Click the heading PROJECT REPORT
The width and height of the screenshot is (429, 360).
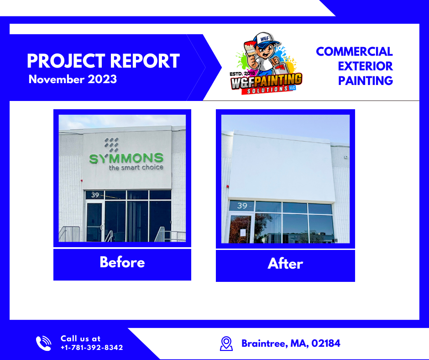[x=103, y=61]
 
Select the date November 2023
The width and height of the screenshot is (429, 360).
[x=73, y=79]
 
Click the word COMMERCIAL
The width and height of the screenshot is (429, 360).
[x=354, y=51]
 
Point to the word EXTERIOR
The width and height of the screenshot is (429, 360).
[x=365, y=66]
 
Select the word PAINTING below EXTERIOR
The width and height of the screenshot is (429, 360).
[x=365, y=81]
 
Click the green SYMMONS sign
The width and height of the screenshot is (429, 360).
[x=126, y=159]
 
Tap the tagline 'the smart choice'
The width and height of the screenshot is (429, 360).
[x=136, y=168]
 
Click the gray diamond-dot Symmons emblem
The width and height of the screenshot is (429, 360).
[x=111, y=145]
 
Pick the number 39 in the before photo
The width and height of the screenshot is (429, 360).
[x=95, y=195]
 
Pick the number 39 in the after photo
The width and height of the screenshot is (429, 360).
[x=242, y=206]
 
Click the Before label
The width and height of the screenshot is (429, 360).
[x=122, y=262]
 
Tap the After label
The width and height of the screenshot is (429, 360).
[x=285, y=264]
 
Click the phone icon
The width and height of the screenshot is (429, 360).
[x=44, y=343]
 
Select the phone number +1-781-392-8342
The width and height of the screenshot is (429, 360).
[x=92, y=348]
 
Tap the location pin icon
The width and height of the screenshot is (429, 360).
[x=226, y=344]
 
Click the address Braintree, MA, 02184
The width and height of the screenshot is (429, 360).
[x=291, y=344]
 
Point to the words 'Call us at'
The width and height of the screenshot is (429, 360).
[x=80, y=339]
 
